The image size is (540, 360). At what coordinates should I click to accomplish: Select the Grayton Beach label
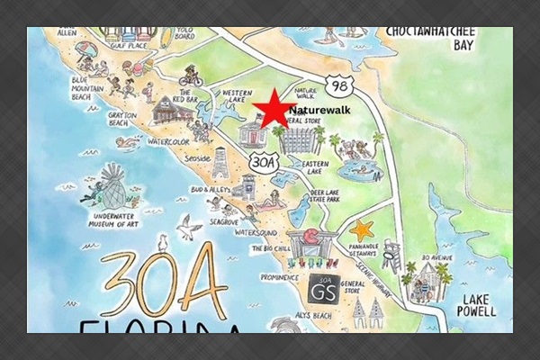(98, 122)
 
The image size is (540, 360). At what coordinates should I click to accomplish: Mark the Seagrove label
(223, 220)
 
